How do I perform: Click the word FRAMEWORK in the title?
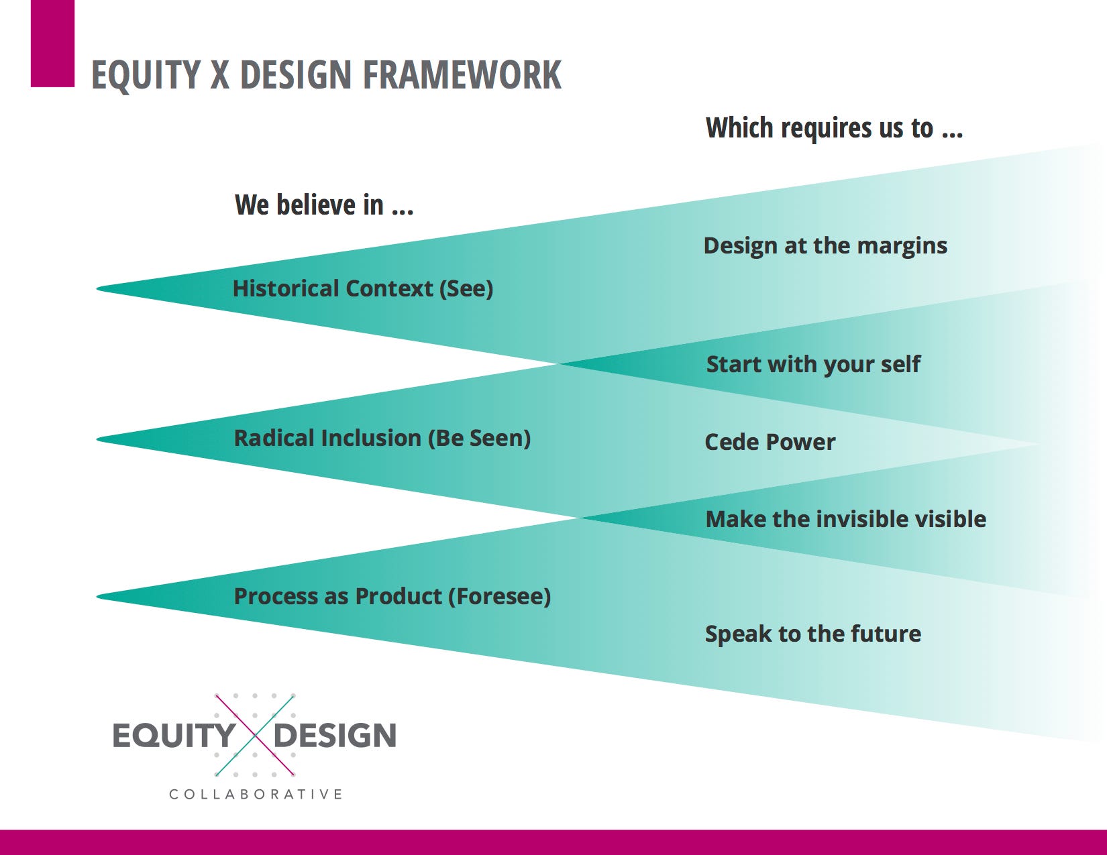point(462,75)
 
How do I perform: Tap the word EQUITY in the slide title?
point(146,75)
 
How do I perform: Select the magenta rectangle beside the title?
point(52,44)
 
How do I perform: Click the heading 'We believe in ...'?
point(324,205)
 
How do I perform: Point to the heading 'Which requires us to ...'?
point(834,127)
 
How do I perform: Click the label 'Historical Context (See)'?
point(363,289)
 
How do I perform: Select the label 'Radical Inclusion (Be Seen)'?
point(382,439)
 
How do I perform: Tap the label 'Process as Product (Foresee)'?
point(392,596)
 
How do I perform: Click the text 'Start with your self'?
point(813,365)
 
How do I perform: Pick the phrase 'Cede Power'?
point(770,442)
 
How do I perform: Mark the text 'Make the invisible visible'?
point(845,520)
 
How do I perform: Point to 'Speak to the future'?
point(813,634)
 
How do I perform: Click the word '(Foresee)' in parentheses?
point(499,596)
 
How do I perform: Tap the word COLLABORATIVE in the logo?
point(256,795)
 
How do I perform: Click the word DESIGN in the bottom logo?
point(335,736)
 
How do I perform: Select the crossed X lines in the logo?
point(255,736)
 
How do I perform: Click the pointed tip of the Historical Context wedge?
point(97,289)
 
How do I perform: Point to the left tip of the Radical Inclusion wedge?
point(97,439)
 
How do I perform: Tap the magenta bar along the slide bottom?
point(553,842)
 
